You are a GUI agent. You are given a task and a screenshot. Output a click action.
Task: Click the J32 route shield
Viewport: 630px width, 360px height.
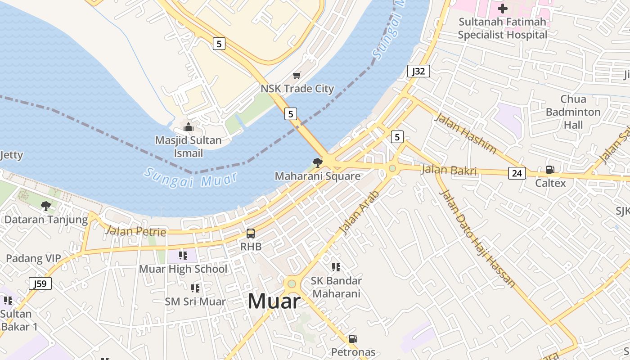[418, 71]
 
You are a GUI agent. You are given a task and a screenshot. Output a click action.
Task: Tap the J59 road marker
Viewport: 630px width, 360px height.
[40, 284]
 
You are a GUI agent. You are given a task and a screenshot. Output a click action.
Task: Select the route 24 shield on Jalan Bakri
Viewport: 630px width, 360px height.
[517, 173]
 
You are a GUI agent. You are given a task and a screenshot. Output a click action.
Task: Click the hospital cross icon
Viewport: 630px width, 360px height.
[502, 8]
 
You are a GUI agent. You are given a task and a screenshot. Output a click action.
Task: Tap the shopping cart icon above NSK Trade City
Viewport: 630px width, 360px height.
[297, 76]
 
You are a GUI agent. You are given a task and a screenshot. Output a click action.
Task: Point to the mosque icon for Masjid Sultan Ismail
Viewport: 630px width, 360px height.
[189, 127]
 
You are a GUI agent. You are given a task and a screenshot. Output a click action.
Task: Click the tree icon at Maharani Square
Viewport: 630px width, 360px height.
[317, 162]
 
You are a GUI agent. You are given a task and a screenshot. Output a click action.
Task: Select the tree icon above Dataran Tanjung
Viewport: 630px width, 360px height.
[45, 206]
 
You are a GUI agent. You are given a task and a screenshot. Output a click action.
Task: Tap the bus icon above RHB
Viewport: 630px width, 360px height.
[251, 234]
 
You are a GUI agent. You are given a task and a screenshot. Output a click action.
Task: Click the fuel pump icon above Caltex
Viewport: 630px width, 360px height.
[550, 170]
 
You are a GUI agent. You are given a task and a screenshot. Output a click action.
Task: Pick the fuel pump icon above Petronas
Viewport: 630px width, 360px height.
[353, 339]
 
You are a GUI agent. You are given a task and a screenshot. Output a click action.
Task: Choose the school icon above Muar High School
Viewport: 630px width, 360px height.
[183, 256]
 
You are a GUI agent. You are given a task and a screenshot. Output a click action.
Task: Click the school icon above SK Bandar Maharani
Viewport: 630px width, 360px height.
[336, 267]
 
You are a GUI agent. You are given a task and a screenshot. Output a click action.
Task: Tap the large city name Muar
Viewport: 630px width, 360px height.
[274, 301]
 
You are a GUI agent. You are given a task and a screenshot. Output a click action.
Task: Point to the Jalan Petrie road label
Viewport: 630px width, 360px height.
[135, 232]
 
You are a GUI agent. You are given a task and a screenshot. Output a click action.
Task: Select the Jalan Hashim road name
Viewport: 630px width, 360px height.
[465, 133]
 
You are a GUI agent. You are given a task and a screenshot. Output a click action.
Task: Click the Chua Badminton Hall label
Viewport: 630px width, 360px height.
[573, 112]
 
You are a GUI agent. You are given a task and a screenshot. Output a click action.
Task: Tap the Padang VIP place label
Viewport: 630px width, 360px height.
[33, 259]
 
